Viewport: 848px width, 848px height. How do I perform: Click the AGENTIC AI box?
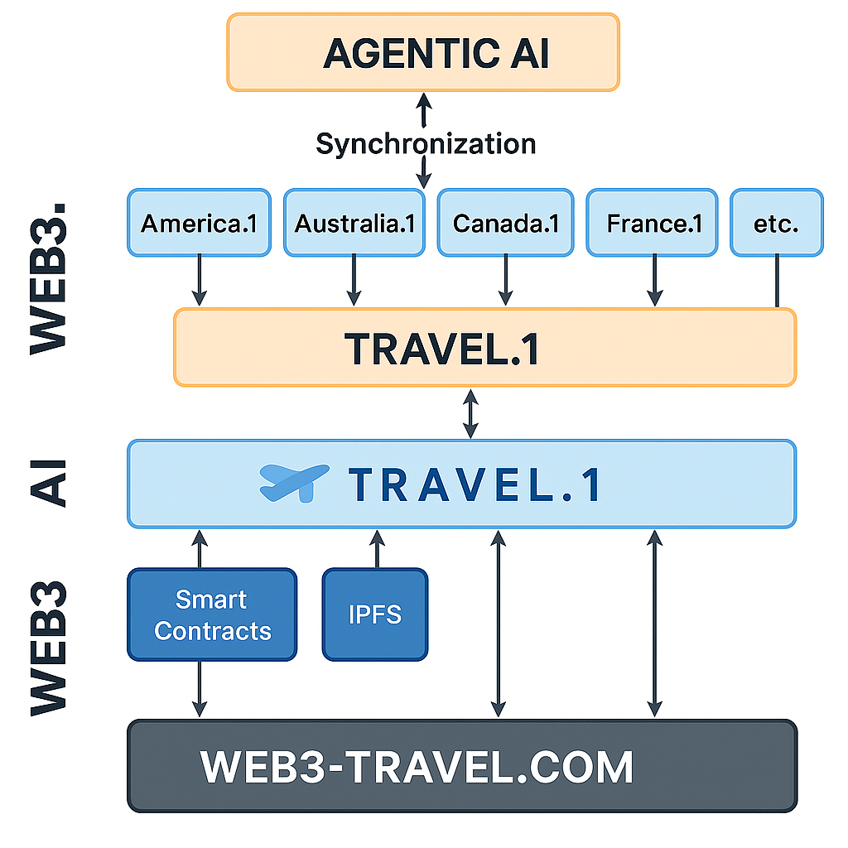click(x=423, y=52)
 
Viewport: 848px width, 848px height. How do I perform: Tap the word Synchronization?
click(x=426, y=143)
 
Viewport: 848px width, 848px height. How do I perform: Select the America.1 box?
click(x=199, y=223)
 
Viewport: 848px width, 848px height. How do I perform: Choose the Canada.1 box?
click(x=506, y=223)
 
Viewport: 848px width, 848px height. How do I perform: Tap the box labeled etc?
click(x=776, y=223)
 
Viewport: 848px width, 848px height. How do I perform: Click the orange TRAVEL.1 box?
click(x=484, y=348)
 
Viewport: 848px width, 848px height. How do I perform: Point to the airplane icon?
click(x=294, y=484)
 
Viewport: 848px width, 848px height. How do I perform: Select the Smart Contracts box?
click(x=212, y=614)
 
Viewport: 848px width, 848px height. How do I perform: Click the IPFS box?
click(x=375, y=614)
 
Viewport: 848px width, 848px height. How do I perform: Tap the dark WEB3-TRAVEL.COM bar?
click(x=462, y=766)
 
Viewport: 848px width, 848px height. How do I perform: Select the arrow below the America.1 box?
click(x=199, y=281)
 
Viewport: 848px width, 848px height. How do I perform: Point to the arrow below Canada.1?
click(x=506, y=281)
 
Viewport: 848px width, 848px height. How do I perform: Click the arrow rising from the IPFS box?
click(x=377, y=548)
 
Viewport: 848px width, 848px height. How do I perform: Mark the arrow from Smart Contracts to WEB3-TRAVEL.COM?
click(x=200, y=689)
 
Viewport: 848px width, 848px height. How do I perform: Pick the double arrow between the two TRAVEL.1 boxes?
click(x=470, y=413)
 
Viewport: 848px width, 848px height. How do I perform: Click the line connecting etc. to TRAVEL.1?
click(x=776, y=282)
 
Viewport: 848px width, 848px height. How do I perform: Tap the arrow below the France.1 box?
click(x=655, y=281)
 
